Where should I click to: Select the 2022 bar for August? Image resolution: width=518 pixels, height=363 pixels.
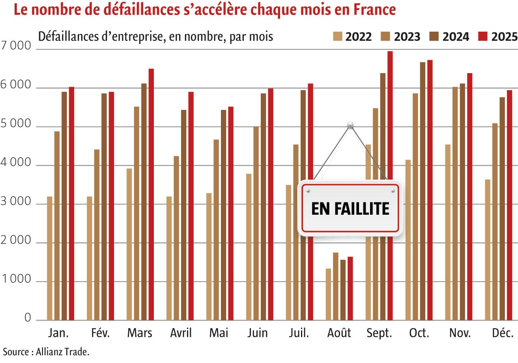click(328, 294)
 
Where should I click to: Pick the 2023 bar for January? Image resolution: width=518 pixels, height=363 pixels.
click(57, 225)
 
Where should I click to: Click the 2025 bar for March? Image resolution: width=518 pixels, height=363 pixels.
click(151, 194)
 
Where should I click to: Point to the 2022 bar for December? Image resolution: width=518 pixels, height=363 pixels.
click(488, 250)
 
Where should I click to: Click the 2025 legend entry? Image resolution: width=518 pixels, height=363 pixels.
click(498, 37)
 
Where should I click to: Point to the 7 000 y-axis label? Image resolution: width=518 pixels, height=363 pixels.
click(16, 46)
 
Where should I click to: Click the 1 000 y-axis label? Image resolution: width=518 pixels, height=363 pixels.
click(16, 280)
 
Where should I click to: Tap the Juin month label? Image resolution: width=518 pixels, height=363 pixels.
click(257, 333)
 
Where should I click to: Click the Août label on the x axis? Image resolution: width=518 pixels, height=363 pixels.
click(339, 333)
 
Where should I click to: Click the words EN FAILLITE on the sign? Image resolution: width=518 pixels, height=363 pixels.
click(350, 208)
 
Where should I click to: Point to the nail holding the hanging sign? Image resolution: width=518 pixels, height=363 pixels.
click(350, 125)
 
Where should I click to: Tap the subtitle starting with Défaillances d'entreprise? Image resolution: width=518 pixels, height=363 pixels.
click(155, 37)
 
